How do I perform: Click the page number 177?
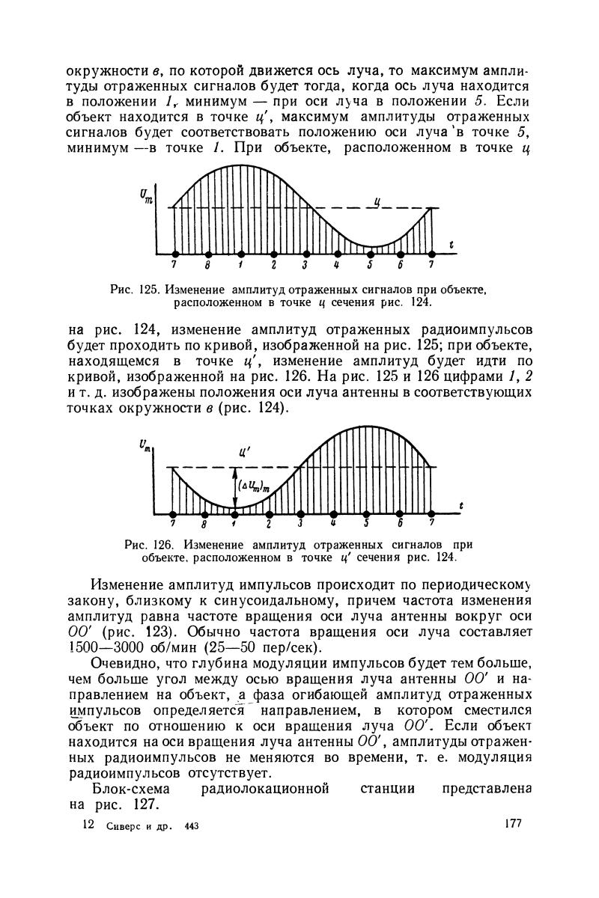pos(513,824)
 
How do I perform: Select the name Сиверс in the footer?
pos(121,825)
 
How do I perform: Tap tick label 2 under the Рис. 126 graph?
pos(268,523)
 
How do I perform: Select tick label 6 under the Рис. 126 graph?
pos(400,523)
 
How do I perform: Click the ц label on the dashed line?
pos(379,201)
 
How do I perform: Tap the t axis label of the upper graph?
pos(452,243)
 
